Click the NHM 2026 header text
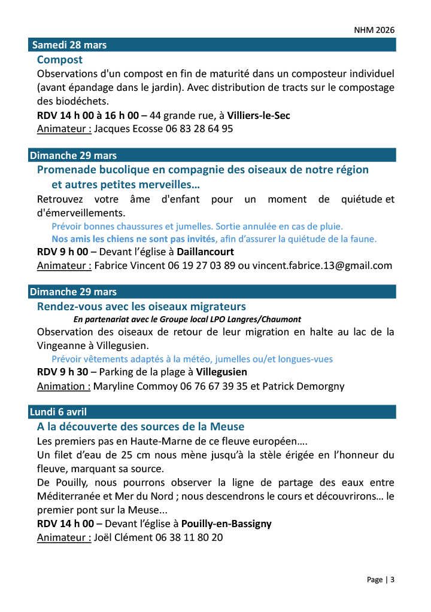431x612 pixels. click(374, 29)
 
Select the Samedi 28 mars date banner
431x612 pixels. click(69, 45)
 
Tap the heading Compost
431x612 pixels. click(60, 60)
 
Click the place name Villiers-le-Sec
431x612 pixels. click(259, 115)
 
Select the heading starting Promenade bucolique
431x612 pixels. click(203, 170)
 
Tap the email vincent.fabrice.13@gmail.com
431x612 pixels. click(322, 266)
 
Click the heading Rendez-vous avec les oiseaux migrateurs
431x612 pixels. click(141, 307)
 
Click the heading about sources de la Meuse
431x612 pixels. click(141, 427)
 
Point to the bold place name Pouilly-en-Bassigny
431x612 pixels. click(226, 524)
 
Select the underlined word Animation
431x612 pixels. click(63, 386)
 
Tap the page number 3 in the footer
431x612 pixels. click(393, 580)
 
